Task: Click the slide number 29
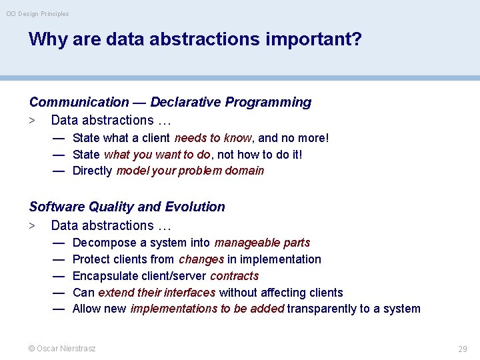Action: [x=462, y=349]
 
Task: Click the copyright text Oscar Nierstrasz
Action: [x=62, y=348]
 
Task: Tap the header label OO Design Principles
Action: [x=37, y=13]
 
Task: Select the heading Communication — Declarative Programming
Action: [x=170, y=102]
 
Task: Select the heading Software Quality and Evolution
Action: [x=127, y=207]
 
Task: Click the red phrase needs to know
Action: [x=213, y=138]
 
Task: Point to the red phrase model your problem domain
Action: [x=190, y=171]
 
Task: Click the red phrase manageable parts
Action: [x=262, y=243]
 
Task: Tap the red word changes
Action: [x=201, y=259]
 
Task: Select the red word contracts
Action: [x=234, y=276]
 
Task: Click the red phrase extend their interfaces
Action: [x=157, y=292]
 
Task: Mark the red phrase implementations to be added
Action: [x=207, y=309]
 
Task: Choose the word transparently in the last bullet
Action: [x=323, y=309]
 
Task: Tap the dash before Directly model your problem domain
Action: [x=59, y=171]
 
